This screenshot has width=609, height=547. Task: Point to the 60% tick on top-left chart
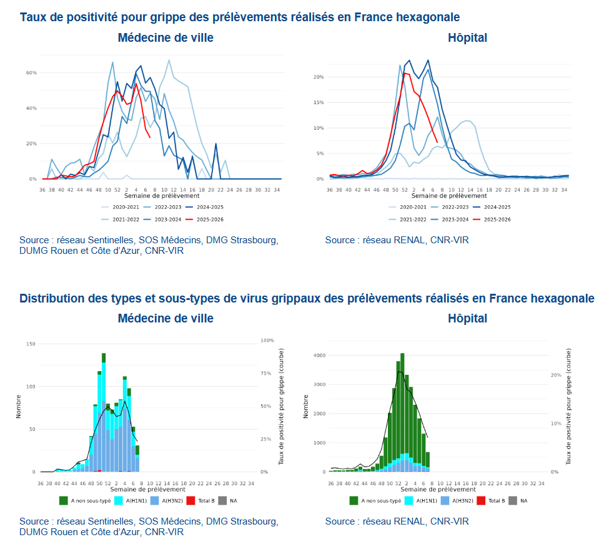pyautogui.click(x=31, y=73)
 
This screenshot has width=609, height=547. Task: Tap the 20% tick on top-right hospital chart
pyautogui.click(x=319, y=77)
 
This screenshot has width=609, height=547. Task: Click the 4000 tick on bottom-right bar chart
pyautogui.click(x=319, y=356)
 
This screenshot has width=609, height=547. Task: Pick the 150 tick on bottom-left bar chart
pyautogui.click(x=31, y=344)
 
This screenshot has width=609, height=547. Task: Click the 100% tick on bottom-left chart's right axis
pyautogui.click(x=267, y=341)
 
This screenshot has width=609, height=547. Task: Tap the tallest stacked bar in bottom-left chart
pyautogui.click(x=104, y=412)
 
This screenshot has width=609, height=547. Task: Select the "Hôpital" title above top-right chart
pyautogui.click(x=467, y=37)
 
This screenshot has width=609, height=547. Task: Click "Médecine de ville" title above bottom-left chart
pyautogui.click(x=166, y=318)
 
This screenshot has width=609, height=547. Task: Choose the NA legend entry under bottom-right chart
pyautogui.click(x=522, y=500)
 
